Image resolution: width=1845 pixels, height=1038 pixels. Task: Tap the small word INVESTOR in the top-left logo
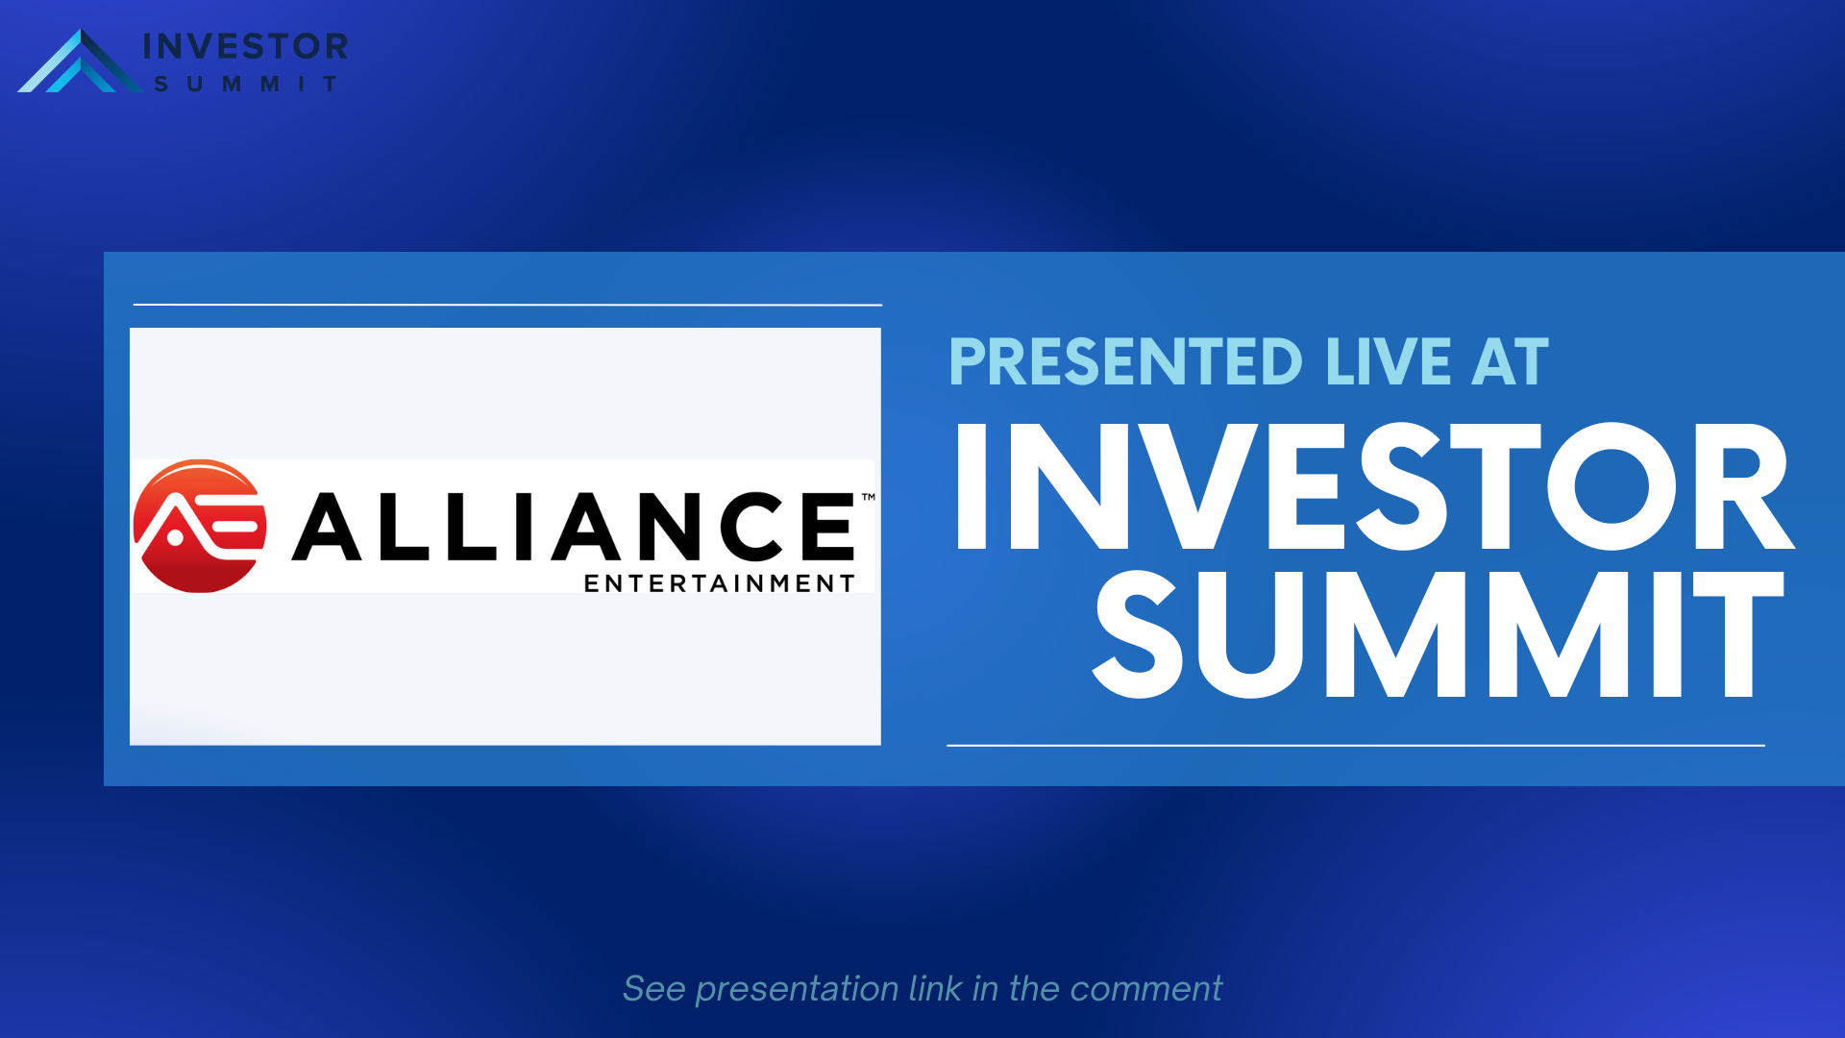[245, 46]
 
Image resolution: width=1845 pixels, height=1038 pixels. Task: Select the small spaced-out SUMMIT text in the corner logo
[246, 85]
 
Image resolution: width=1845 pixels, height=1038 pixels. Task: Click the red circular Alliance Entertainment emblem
[200, 526]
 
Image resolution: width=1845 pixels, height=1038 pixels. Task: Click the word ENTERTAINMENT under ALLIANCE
[720, 583]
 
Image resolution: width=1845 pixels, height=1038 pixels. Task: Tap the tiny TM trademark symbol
[869, 497]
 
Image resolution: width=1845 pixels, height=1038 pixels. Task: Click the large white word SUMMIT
[1439, 633]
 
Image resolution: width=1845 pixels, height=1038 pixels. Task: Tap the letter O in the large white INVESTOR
[1612, 485]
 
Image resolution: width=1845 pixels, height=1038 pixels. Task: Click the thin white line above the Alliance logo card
[507, 305]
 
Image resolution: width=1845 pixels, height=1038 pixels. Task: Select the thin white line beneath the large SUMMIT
[1356, 745]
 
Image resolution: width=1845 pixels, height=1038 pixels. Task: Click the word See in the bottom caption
[654, 989]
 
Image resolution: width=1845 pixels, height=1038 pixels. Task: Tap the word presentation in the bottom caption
[797, 990]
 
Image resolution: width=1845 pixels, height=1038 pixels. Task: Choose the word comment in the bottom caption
[1145, 990]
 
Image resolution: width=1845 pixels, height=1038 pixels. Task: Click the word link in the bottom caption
[935, 988]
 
